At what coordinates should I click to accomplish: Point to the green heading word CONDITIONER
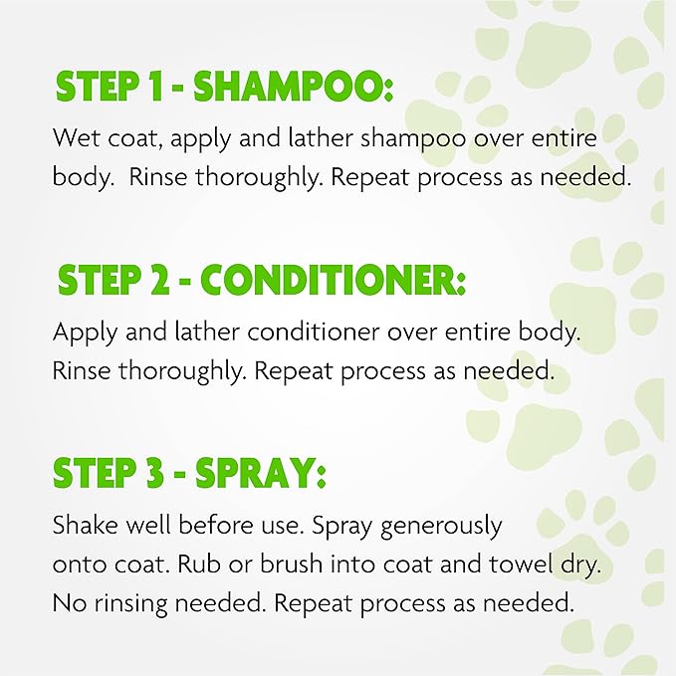pos(344,281)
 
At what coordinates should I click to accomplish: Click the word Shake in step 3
pos(83,524)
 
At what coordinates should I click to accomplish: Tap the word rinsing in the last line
pos(132,602)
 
